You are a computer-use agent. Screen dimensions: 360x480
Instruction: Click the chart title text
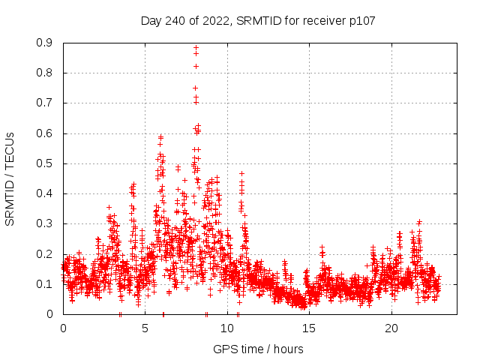(258, 21)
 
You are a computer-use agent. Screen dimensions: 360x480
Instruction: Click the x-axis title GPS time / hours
(258, 349)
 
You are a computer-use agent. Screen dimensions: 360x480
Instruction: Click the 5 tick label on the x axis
(145, 328)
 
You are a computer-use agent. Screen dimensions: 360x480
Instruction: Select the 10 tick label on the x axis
(227, 328)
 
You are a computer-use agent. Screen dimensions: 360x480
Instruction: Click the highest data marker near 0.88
(196, 48)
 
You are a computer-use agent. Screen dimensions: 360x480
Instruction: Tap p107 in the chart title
(361, 21)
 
